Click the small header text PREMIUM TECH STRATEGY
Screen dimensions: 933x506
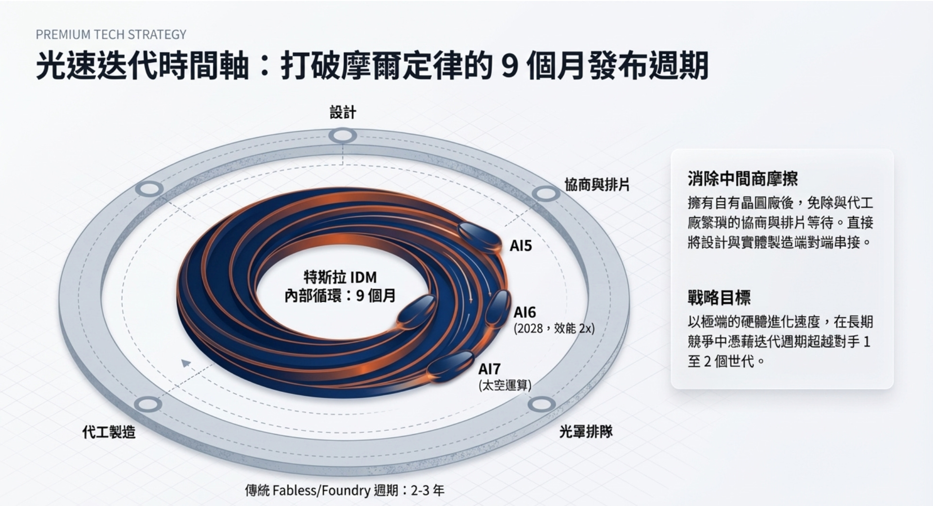point(111,34)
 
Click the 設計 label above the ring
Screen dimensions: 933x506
point(343,113)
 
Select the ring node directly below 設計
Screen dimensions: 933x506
point(343,135)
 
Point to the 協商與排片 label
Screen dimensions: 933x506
point(597,185)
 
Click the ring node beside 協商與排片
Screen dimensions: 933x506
point(545,194)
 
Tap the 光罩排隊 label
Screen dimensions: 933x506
point(586,431)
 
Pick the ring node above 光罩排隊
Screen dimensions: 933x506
point(541,404)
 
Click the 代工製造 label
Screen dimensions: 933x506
point(109,432)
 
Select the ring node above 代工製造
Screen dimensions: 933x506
point(148,404)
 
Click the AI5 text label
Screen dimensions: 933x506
point(521,246)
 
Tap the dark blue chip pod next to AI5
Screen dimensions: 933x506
point(480,236)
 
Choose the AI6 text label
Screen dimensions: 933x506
point(524,312)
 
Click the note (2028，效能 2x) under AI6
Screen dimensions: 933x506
point(554,329)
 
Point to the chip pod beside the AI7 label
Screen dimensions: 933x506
point(450,366)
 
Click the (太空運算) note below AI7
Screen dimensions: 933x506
point(505,386)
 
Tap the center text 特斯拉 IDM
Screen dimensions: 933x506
point(340,277)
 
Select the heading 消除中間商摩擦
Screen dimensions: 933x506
point(742,179)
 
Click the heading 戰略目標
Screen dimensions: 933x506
point(719,297)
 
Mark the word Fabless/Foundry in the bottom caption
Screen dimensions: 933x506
point(321,490)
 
